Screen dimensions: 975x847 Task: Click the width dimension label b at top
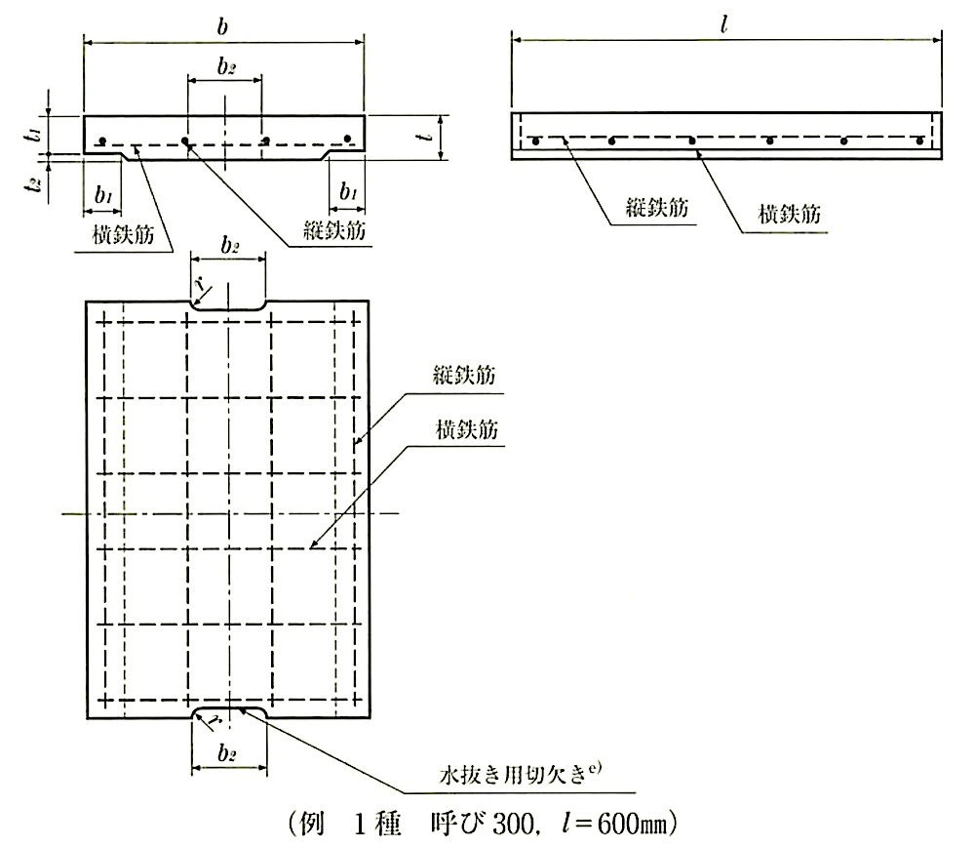pos(222,26)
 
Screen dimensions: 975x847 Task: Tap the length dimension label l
pos(723,25)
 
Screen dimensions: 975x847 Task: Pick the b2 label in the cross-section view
pos(226,65)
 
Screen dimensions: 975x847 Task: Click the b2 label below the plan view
pos(227,753)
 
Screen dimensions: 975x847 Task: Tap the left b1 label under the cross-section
pos(103,195)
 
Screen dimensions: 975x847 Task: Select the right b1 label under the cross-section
pos(348,191)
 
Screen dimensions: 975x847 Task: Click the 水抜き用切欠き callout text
pos(521,774)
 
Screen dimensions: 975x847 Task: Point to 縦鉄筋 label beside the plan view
pos(464,376)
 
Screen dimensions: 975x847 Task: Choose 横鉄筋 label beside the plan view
pos(467,429)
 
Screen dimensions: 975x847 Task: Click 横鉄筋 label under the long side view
pos(789,214)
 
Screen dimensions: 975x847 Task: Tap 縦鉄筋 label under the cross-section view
pos(333,230)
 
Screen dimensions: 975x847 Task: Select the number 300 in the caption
pos(513,824)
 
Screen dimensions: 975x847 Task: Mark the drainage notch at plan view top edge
pos(229,305)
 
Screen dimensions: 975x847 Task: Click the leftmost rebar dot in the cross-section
pos(103,140)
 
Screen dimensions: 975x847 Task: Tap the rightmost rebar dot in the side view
pos(919,141)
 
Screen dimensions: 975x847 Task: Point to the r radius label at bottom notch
pos(215,722)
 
